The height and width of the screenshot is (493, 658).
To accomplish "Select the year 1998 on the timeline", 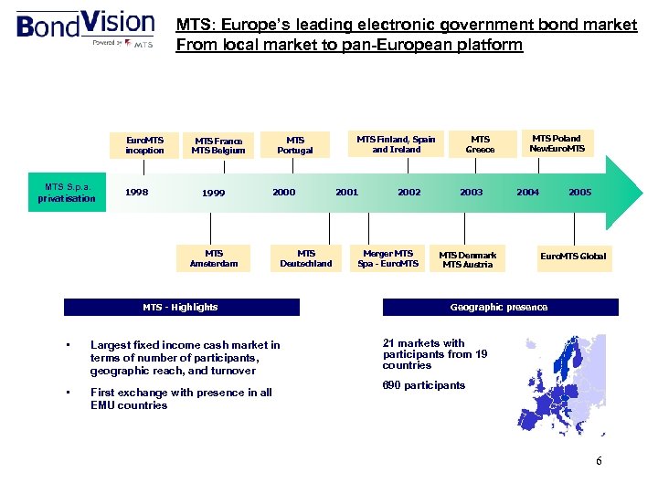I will coord(138,193).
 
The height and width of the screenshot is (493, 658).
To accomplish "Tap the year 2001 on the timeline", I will coord(346,193).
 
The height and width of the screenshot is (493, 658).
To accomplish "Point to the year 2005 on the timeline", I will coord(579,193).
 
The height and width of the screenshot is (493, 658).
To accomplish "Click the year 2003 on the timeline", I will coord(472,193).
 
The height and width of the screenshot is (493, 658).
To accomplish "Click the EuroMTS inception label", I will coord(144,144).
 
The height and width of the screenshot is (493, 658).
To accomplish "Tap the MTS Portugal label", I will coord(294,145).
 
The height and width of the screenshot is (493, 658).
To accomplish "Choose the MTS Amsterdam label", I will coord(214,258).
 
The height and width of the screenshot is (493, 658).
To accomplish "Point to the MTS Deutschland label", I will coord(306,258).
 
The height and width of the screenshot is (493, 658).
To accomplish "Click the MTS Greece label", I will coord(480,144).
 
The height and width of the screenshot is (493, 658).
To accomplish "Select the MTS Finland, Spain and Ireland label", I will coord(396,144).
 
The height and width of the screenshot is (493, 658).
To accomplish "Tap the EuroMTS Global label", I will coord(573,257).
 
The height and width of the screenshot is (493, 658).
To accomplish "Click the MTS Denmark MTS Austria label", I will coord(467,260).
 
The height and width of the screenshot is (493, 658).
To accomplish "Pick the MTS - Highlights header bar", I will coord(181,308).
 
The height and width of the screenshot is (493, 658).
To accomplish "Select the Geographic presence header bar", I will coord(499,308).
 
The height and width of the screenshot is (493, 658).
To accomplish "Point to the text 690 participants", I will coord(423,385).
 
